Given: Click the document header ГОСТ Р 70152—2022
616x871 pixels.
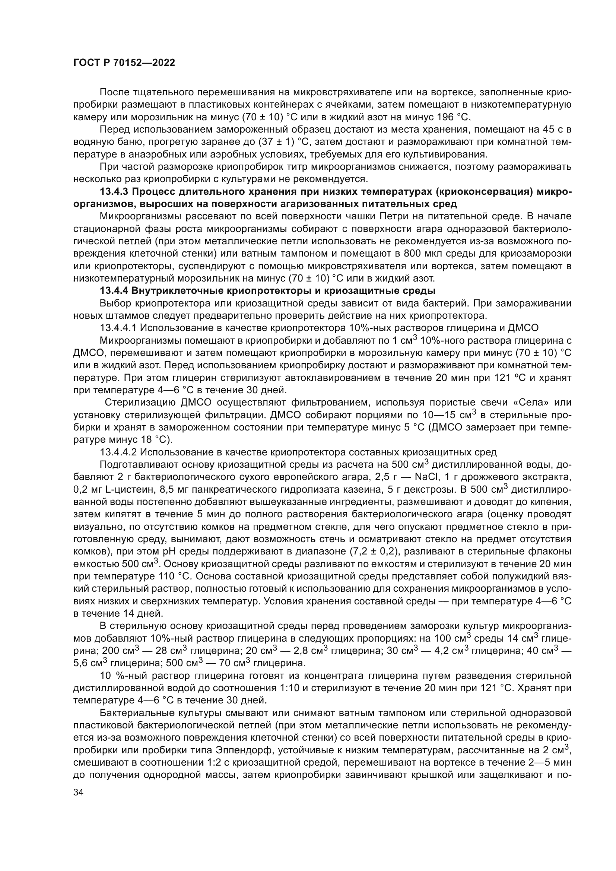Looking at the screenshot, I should (x=124, y=63).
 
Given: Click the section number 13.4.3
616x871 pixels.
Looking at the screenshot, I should (x=114, y=191).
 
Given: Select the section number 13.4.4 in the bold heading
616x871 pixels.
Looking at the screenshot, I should (x=114, y=291).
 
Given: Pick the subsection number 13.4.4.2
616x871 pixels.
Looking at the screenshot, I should (x=118, y=452).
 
